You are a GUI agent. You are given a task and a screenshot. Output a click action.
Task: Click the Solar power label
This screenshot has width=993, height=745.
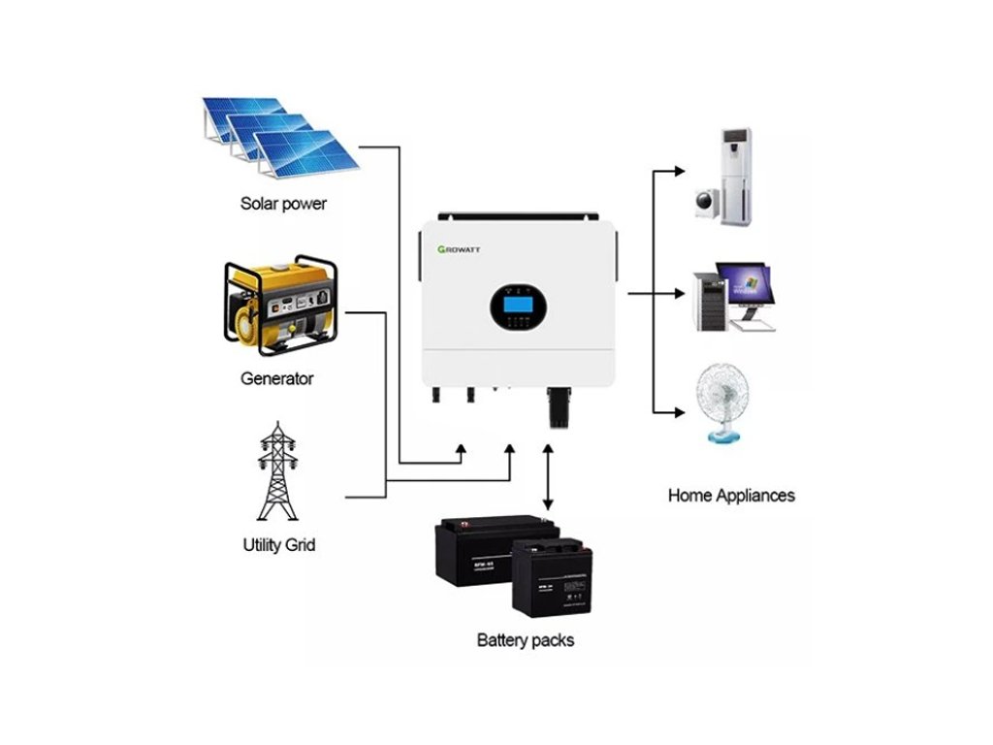pos(283,205)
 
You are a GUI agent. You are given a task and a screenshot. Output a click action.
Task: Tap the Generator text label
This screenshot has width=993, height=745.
pos(276,378)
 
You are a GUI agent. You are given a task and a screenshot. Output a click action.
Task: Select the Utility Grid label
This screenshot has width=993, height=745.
pos(278,545)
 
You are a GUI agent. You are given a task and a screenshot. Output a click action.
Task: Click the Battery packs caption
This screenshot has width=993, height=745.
pos(526,640)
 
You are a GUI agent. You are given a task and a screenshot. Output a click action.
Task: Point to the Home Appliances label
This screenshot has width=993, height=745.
pos(731,496)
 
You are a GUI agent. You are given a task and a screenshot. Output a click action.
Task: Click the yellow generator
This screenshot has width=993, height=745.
pos(279,303)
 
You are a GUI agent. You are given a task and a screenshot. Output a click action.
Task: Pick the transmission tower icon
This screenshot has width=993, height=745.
pos(278,473)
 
